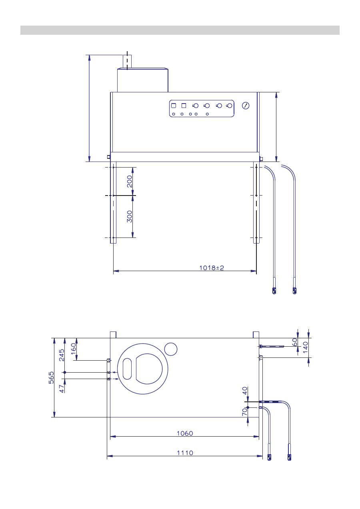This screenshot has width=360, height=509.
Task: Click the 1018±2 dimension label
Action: (x=212, y=268)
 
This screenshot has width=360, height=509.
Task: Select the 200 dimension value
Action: (x=130, y=181)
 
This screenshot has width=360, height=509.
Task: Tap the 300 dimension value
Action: (x=129, y=216)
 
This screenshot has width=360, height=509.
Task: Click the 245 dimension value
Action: (x=62, y=355)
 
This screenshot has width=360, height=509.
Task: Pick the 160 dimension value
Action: (x=74, y=349)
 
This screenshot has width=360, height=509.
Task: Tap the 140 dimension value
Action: (x=306, y=347)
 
